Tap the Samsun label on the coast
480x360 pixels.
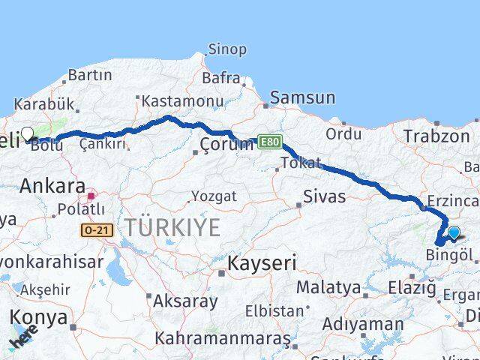(x=302, y=97)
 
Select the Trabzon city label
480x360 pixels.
(x=436, y=136)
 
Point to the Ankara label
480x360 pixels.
(x=52, y=186)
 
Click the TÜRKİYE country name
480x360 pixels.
(x=172, y=226)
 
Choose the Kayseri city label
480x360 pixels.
(x=262, y=263)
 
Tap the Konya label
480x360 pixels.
(x=39, y=316)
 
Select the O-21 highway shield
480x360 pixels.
(x=97, y=230)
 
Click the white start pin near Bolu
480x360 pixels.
(x=28, y=134)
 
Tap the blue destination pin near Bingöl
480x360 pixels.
(x=454, y=233)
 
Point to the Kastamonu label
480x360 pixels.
(x=183, y=100)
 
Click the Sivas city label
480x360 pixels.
(x=325, y=196)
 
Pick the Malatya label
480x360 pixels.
(x=328, y=286)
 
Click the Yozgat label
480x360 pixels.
(x=214, y=196)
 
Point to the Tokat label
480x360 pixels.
(x=301, y=163)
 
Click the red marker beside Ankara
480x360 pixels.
(x=91, y=196)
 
